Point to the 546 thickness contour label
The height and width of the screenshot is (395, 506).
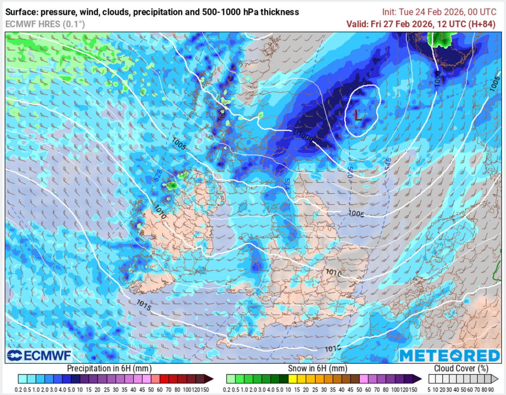coord(388,163)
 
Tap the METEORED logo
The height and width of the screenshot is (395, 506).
coord(449,356)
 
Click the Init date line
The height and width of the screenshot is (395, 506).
coord(438,12)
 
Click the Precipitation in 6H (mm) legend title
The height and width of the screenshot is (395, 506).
coord(109,368)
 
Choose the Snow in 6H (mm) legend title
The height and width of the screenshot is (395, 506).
coord(317,368)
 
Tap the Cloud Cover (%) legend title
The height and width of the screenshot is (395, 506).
coord(461,368)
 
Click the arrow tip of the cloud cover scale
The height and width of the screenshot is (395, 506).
coord(496,379)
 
